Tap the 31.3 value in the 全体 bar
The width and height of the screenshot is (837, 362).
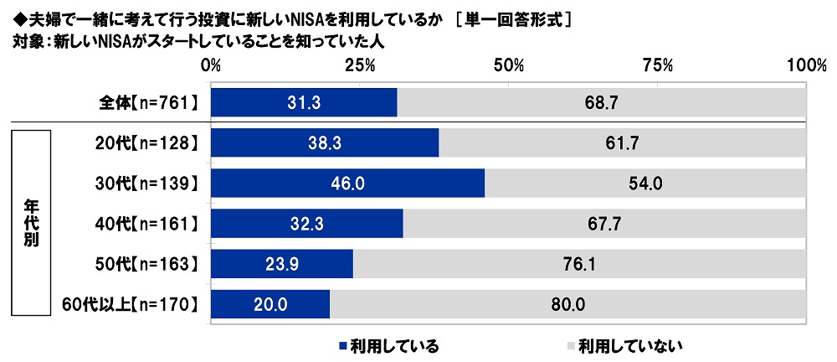tap(304, 105)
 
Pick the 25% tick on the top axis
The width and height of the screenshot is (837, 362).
tap(360, 65)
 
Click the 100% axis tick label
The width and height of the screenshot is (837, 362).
tap(806, 65)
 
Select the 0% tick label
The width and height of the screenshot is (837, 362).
tap(211, 65)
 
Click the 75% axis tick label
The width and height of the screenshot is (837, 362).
tap(658, 65)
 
